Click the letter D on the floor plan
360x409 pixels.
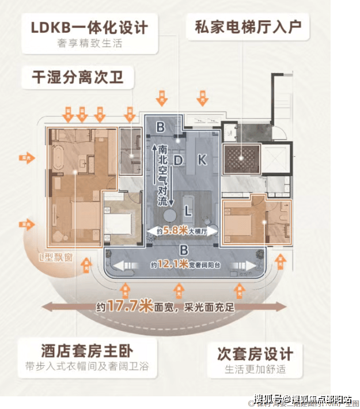tap(178, 158)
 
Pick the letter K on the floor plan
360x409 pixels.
tap(202, 160)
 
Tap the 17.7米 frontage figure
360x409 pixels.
tap(126, 307)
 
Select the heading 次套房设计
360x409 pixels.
tap(255, 353)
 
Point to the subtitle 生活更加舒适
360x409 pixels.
tap(255, 369)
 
